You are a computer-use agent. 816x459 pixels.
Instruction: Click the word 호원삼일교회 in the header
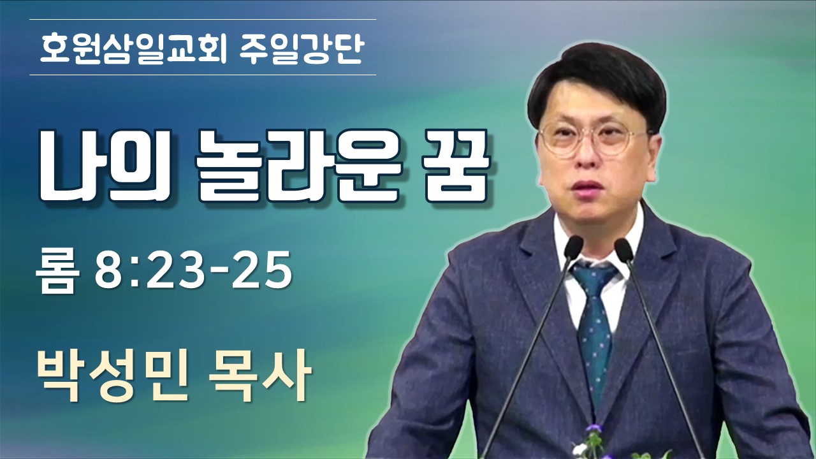[x=134, y=47]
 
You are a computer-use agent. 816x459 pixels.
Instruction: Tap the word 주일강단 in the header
[x=302, y=47]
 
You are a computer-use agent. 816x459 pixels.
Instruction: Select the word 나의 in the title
[x=105, y=165]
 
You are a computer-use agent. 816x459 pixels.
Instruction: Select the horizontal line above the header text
[x=203, y=19]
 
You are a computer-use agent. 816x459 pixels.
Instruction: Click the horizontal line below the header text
[x=203, y=75]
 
